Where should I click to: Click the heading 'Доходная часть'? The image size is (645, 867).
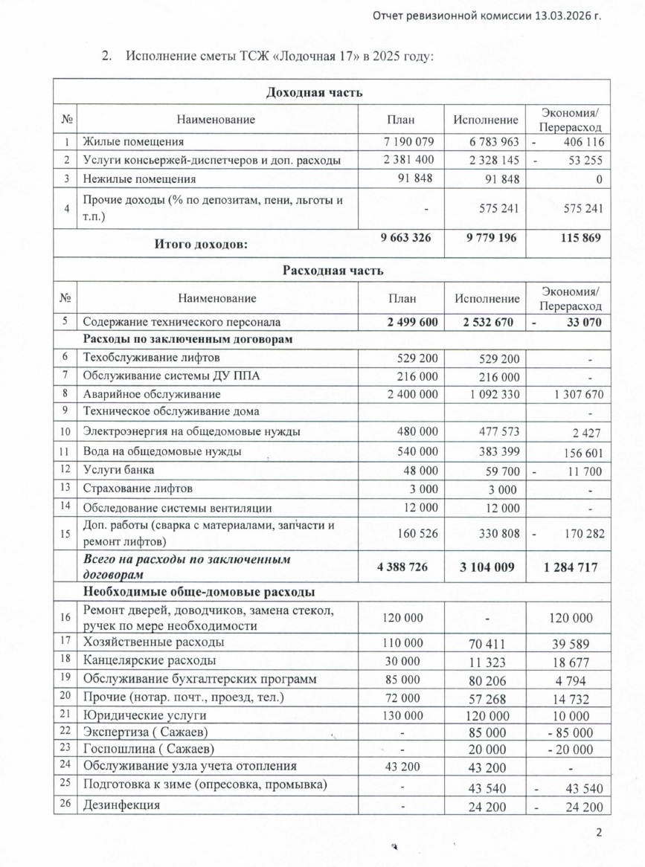tap(314, 93)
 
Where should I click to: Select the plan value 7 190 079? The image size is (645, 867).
tap(404, 141)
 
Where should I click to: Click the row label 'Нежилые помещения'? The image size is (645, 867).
tap(139, 179)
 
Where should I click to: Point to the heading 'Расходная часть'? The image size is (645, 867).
tap(333, 270)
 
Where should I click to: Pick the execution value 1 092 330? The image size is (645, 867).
tap(487, 394)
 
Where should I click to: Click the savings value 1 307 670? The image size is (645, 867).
tap(573, 394)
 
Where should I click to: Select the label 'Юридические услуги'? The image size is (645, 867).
tap(144, 715)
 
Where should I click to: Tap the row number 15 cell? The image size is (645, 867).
tap(66, 533)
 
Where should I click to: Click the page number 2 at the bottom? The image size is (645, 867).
tap(600, 831)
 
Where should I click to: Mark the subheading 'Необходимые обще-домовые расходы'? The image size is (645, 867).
tap(198, 592)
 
